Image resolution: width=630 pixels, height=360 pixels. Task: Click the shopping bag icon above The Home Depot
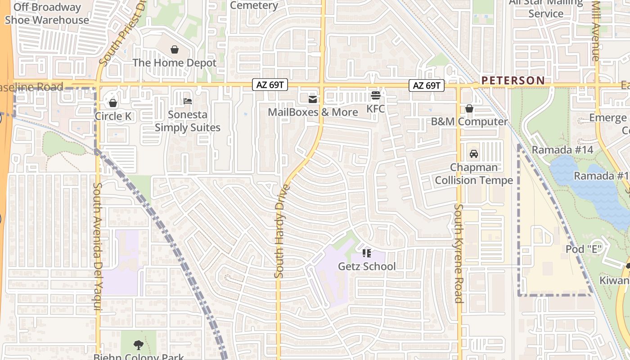[x=175, y=49]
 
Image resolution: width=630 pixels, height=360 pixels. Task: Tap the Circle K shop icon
[x=113, y=103]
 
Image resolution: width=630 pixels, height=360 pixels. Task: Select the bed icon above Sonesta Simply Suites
[x=188, y=101]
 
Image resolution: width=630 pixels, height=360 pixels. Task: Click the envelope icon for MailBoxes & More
[x=313, y=99]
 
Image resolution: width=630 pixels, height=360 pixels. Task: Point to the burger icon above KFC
[x=376, y=95]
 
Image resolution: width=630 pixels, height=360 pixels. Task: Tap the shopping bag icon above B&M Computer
[x=469, y=108]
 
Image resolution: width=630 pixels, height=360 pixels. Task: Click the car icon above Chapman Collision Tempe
[x=473, y=154]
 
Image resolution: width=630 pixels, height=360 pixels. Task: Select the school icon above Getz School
[x=367, y=253]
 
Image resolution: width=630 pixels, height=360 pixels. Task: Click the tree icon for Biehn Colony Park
[x=139, y=345]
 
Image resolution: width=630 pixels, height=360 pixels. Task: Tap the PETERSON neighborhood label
[x=513, y=81]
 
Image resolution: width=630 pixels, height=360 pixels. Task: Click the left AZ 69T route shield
[x=270, y=85]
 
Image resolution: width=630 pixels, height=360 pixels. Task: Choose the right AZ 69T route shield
[x=427, y=85]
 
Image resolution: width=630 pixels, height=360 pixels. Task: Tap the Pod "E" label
[x=584, y=249]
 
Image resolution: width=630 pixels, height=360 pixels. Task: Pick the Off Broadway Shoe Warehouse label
[x=47, y=14]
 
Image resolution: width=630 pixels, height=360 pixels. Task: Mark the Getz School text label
[x=367, y=266]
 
